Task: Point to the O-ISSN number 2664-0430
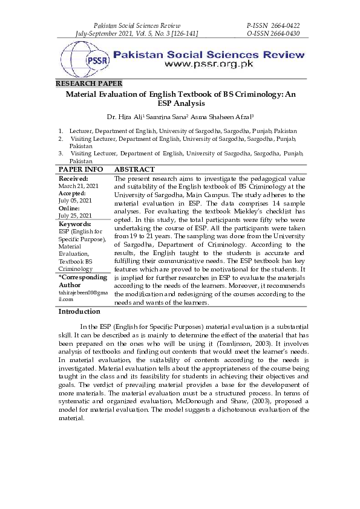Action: (283, 33)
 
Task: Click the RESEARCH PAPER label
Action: (89, 83)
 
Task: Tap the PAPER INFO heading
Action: (80, 170)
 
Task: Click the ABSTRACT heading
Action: (134, 170)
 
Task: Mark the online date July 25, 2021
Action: (74, 215)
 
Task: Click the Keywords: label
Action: (74, 224)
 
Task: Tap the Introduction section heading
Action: (79, 311)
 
